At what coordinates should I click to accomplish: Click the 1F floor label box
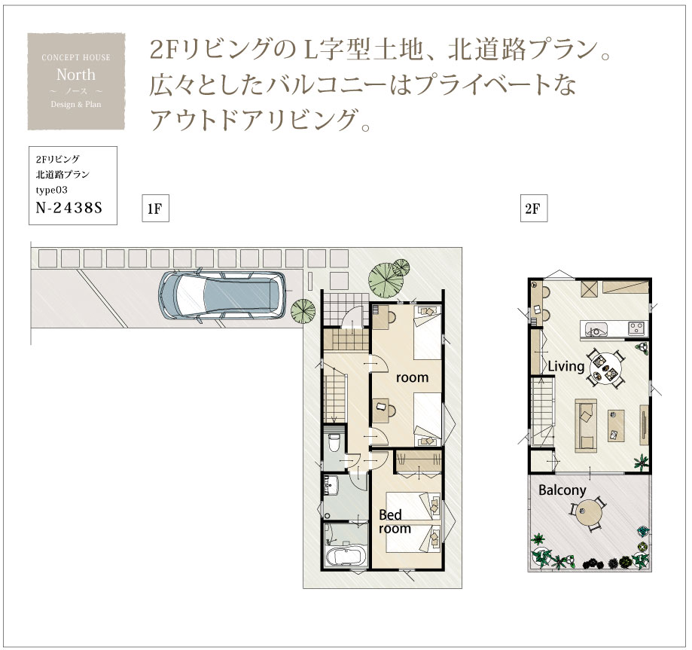[x=155, y=209]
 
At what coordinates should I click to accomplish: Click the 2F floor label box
[x=534, y=209]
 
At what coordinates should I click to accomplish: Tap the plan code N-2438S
[x=69, y=208]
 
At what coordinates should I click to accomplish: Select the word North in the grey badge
[x=76, y=75]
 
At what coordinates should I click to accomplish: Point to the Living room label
[x=565, y=367]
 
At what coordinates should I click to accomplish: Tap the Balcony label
[x=562, y=490]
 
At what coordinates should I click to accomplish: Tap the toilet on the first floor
[x=334, y=442]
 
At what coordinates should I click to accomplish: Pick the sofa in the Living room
[x=586, y=426]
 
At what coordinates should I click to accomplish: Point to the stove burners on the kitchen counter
[x=636, y=328]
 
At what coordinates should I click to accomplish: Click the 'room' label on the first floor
[x=412, y=378]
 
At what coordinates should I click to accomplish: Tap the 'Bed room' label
[x=395, y=521]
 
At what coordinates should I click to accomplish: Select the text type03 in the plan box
[x=52, y=191]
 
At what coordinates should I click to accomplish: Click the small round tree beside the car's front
[x=303, y=312]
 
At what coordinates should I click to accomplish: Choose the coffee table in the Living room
[x=617, y=426]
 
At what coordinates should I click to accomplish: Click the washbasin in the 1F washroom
[x=331, y=487]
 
